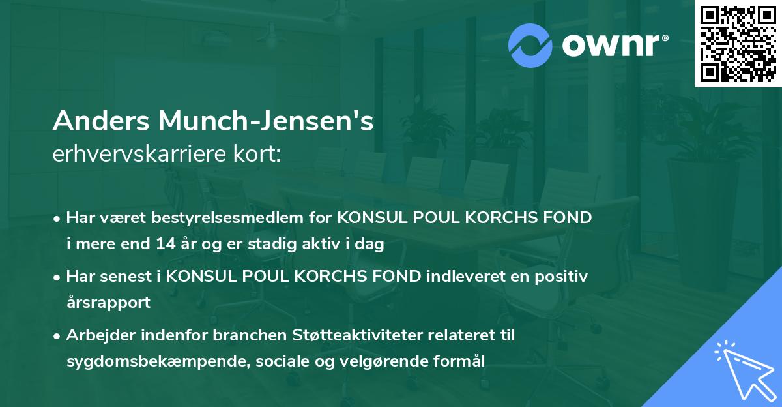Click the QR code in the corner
pyautogui.click(x=738, y=44)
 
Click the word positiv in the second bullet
pyautogui.click(x=565, y=277)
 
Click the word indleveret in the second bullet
pyautogui.click(x=457, y=277)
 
